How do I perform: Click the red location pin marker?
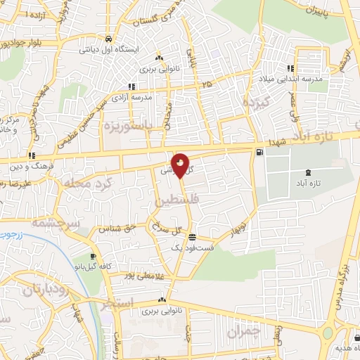click(x=181, y=166)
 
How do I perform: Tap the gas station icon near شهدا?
click(x=261, y=152)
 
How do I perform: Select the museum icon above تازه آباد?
click(x=308, y=172)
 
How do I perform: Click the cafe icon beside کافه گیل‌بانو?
click(x=94, y=257)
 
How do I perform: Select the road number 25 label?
click(x=206, y=84)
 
